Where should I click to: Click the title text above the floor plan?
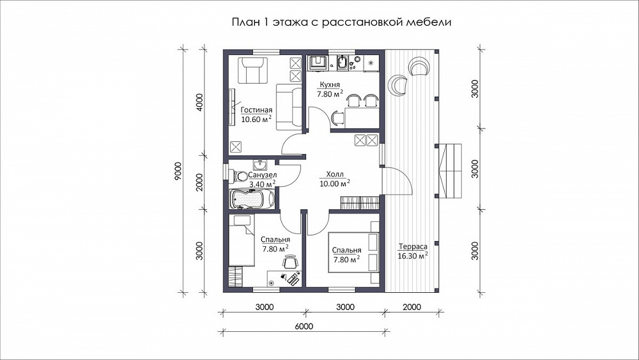coord(341,22)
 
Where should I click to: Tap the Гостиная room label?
coord(256,110)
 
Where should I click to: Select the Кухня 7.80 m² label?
coord(330,90)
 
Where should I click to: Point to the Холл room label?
coord(335,175)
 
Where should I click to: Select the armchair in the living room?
coord(253,70)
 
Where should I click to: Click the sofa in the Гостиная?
coord(289,106)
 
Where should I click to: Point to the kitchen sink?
coord(341,63)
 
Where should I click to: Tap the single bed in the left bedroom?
coord(242,240)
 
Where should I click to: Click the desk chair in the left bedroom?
coord(290,262)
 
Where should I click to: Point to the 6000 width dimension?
coord(304,326)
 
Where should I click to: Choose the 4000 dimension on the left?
coord(199,103)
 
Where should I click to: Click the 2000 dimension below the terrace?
coord(412,307)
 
